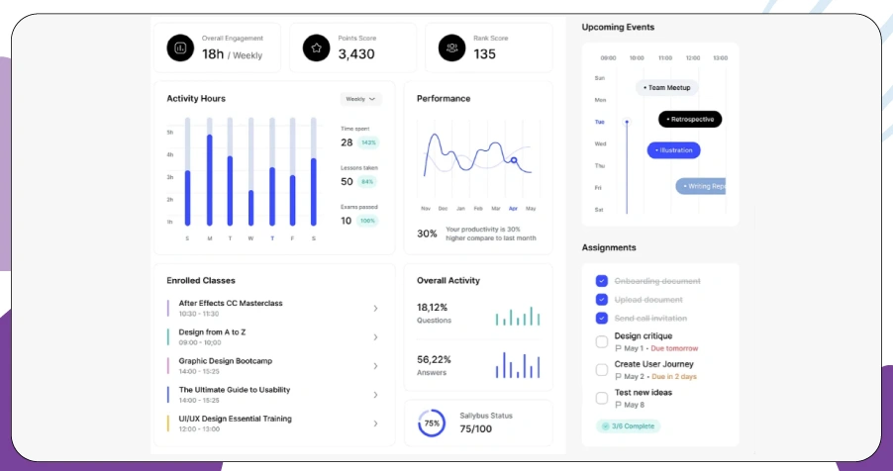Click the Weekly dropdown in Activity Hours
pyautogui.click(x=360, y=99)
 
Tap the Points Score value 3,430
pyautogui.click(x=356, y=54)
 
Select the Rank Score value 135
pyautogui.click(x=485, y=54)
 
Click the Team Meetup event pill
pyautogui.click(x=667, y=88)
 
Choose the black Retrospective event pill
pyautogui.click(x=690, y=119)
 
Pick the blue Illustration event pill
pyautogui.click(x=673, y=150)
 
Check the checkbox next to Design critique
pyautogui.click(x=602, y=341)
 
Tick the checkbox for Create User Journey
pyautogui.click(x=602, y=370)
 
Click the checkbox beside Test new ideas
pyautogui.click(x=602, y=398)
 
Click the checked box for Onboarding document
pyautogui.click(x=602, y=281)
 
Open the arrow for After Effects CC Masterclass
pyautogui.click(x=375, y=309)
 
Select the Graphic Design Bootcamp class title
pyautogui.click(x=225, y=361)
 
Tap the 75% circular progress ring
pyautogui.click(x=432, y=423)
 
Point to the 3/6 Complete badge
pyautogui.click(x=628, y=425)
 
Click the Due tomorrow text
pyautogui.click(x=675, y=348)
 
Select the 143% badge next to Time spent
pyautogui.click(x=368, y=142)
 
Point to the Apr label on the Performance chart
pyautogui.click(x=513, y=209)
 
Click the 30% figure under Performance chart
pyautogui.click(x=427, y=234)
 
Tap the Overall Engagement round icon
pyautogui.click(x=180, y=47)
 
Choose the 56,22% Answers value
pyautogui.click(x=434, y=359)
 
